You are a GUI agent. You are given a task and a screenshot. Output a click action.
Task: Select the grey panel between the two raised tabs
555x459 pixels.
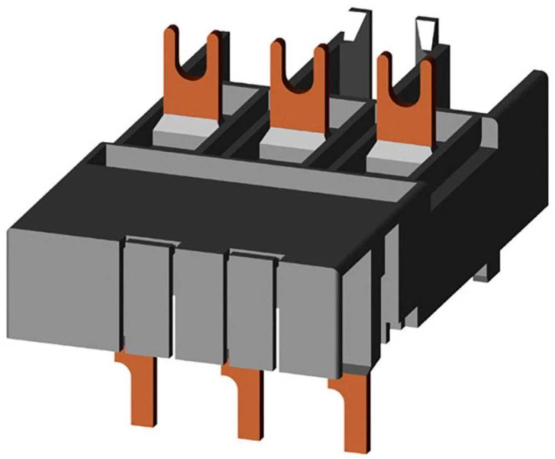click(x=199, y=306)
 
